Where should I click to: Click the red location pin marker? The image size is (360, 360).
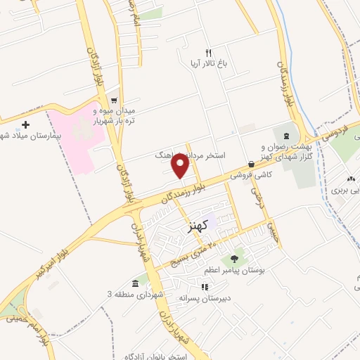pos(181,166)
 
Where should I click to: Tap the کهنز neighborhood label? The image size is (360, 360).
pos(200,227)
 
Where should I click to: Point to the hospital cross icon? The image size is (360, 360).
pos(26,124)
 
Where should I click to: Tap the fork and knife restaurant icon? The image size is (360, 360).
pos(207,53)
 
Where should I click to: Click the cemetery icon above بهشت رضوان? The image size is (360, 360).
pos(285,134)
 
